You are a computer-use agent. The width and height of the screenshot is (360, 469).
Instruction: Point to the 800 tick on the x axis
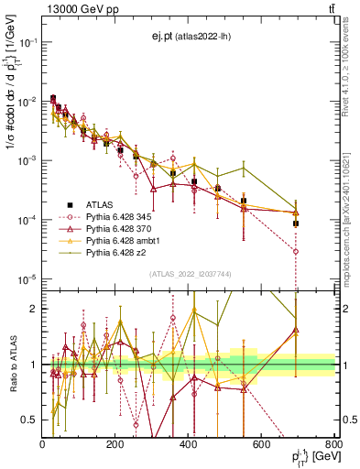point(334,444)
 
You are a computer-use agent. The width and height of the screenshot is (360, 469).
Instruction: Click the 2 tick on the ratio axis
point(36,309)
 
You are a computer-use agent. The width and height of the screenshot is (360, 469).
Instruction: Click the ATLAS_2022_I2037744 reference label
point(190,274)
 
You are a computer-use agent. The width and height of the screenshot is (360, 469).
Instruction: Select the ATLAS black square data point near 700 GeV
point(296,223)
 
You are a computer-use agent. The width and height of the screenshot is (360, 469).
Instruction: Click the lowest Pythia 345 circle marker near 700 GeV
point(296,250)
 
